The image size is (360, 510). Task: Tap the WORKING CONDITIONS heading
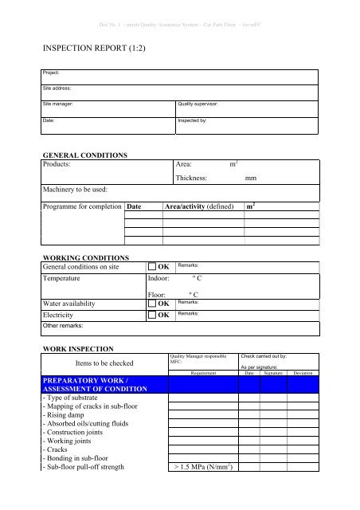84,258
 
